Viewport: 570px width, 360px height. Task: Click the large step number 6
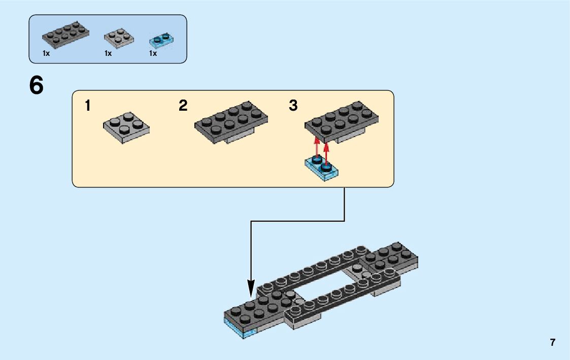tap(37, 86)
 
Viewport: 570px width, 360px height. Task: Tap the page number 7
tap(552, 342)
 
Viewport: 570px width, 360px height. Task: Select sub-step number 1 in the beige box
tap(88, 106)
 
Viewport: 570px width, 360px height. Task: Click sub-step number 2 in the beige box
tap(183, 106)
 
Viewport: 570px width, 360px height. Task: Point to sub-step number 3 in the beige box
tap(293, 106)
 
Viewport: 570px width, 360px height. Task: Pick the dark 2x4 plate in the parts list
tap(65, 35)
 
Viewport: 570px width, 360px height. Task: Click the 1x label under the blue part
tap(153, 53)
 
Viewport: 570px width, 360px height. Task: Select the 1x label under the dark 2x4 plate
tap(46, 53)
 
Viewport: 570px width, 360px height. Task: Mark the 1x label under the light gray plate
tap(108, 53)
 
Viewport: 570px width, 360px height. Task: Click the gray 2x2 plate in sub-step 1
tap(126, 127)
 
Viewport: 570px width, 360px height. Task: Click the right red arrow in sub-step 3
tap(326, 151)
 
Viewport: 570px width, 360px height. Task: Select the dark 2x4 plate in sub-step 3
tap(341, 120)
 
